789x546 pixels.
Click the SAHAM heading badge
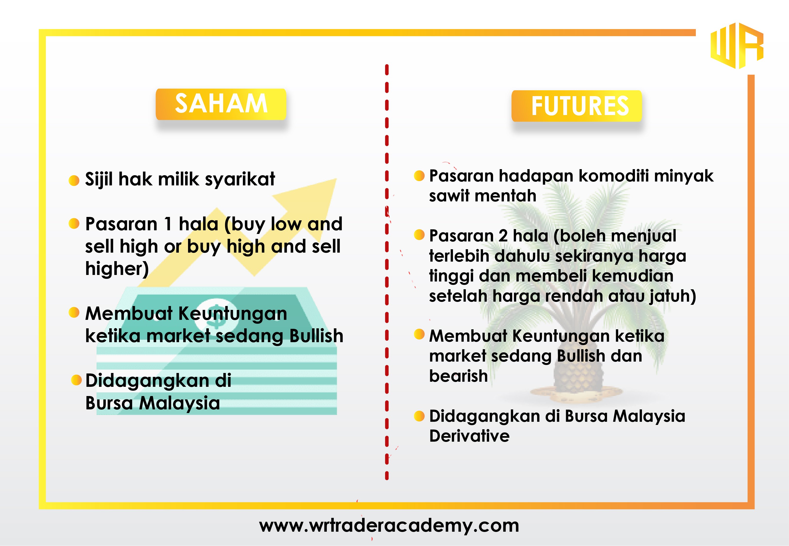pos(221,104)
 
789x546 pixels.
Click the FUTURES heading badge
pos(577,106)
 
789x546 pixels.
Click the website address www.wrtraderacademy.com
pos(389,525)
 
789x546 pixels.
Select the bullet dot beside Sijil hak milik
pos(74,180)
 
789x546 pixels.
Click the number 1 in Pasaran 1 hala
pos(168,224)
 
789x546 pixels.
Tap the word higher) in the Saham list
pos(117,269)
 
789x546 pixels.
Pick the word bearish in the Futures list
pos(458,376)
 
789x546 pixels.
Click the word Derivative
pos(469,436)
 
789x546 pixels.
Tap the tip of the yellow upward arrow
pos(337,179)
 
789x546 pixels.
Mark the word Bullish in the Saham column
pos(316,336)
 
